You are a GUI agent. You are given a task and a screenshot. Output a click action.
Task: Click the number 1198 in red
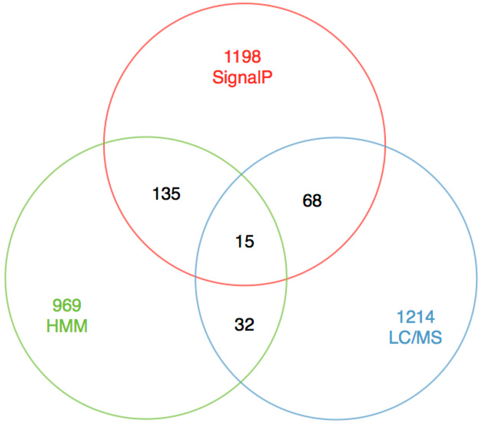(242, 57)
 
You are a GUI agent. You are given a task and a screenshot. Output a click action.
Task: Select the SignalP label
(242, 77)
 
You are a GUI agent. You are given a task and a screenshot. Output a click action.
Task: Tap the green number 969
(67, 305)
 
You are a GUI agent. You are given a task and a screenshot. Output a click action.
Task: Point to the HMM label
(67, 326)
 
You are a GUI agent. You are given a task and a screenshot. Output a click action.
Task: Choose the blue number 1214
(415, 317)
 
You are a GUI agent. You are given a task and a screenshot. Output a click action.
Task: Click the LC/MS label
(415, 337)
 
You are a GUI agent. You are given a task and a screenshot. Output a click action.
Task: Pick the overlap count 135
(167, 194)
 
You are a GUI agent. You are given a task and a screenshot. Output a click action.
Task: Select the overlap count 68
(312, 201)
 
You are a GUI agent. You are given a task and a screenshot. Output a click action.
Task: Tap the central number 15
(245, 242)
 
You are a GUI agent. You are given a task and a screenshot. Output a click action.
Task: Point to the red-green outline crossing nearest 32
(287, 278)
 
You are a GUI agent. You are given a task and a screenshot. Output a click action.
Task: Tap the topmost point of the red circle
(244, 3)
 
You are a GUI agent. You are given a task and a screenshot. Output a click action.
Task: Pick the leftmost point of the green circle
(5, 278)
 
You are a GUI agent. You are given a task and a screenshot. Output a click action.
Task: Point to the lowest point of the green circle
(146, 419)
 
